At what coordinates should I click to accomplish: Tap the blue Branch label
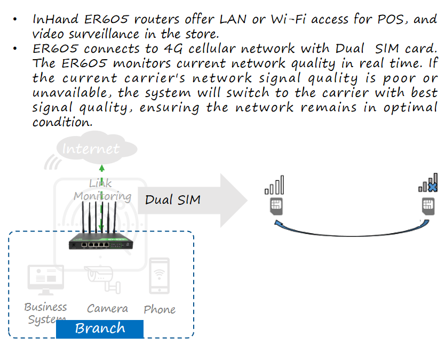click(x=100, y=329)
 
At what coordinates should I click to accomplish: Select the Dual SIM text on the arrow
click(x=173, y=200)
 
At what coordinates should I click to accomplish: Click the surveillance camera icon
click(x=105, y=278)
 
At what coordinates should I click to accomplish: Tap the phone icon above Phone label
click(x=159, y=276)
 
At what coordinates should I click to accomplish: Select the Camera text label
click(x=107, y=309)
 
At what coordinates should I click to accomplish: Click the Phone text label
click(x=160, y=309)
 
